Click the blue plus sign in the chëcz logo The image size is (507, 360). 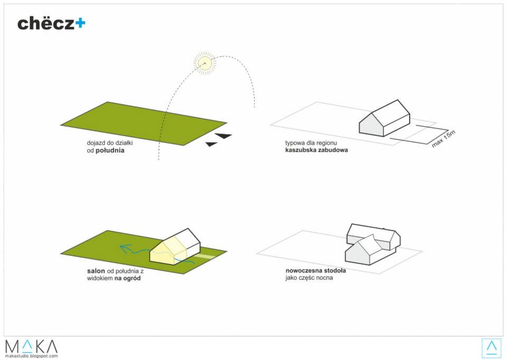[x=80, y=23]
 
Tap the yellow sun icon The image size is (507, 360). [x=205, y=63]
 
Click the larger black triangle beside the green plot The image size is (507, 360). [x=223, y=136]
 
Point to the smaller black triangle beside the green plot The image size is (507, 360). [x=211, y=144]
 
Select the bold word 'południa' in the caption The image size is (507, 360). [x=110, y=150]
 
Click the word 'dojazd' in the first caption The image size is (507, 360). [x=96, y=143]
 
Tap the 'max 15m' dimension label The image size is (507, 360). [x=443, y=139]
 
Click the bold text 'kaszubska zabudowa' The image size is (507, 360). [x=316, y=150]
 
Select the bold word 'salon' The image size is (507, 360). [x=96, y=271]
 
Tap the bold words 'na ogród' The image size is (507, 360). [x=127, y=278]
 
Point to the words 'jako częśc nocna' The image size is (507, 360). [x=309, y=278]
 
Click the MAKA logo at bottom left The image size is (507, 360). [x=31, y=346]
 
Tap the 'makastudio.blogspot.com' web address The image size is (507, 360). [x=31, y=356]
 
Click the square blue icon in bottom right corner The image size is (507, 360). [x=492, y=348]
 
